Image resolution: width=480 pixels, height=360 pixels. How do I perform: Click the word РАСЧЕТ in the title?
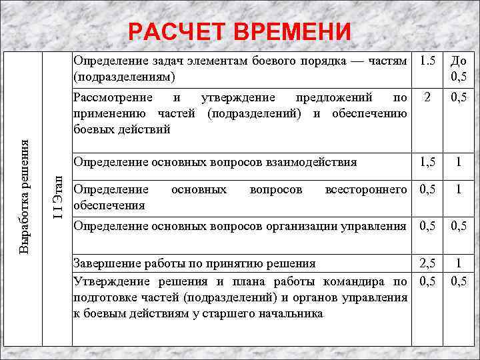(175, 32)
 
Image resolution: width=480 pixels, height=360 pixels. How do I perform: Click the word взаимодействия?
(313, 161)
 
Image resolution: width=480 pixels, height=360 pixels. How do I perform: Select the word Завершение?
(105, 262)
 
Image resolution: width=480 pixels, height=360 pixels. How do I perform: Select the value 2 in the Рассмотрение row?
(427, 99)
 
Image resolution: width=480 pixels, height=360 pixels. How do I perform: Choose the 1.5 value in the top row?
(427, 62)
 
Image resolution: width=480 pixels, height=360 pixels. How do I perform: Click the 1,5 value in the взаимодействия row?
(427, 162)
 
